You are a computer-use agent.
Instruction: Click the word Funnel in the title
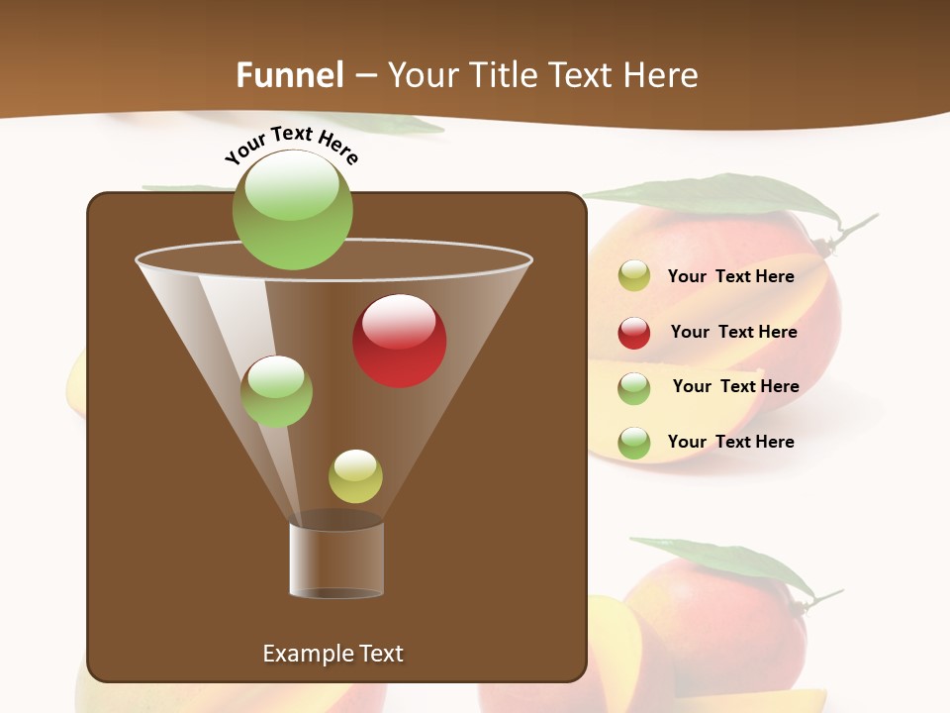[x=289, y=75]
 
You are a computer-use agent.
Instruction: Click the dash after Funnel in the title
[x=364, y=76]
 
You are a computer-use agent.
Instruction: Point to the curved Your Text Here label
[x=292, y=144]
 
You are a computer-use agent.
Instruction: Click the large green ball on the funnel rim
[x=293, y=210]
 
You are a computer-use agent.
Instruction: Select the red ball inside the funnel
[x=400, y=341]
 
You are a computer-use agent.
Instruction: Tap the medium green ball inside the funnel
[x=277, y=391]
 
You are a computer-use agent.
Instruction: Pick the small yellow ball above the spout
[x=355, y=476]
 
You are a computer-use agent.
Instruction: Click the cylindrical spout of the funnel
[x=336, y=560]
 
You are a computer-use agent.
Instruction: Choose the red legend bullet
[x=634, y=333]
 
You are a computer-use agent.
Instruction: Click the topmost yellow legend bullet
[x=634, y=276]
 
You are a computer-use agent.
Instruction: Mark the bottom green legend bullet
[x=634, y=443]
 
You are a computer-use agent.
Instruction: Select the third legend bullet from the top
[x=634, y=387]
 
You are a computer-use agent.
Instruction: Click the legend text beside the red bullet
[x=733, y=333]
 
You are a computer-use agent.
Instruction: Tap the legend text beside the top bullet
[x=730, y=277]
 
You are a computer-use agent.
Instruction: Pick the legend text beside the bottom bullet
[x=730, y=442]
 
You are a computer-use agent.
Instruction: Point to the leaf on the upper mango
[x=732, y=196]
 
